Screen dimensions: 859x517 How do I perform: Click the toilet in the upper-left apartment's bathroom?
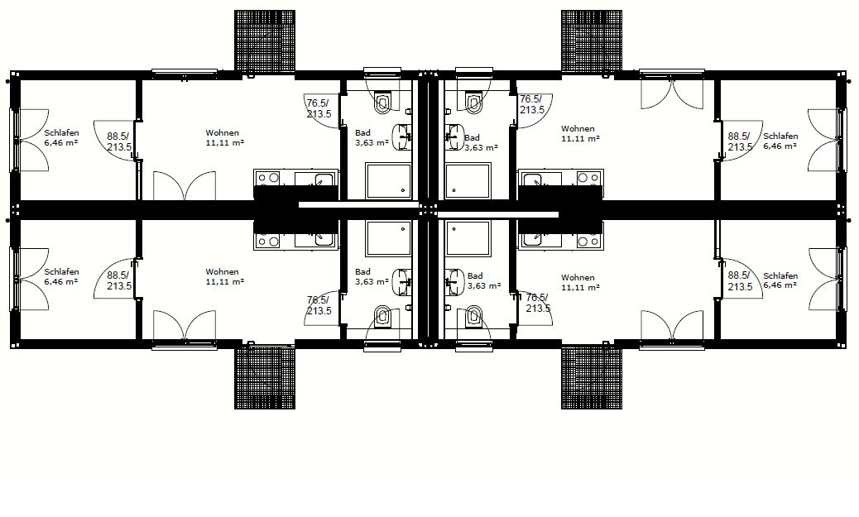pos(383,103)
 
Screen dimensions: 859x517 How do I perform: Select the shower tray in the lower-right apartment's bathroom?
pos(468,240)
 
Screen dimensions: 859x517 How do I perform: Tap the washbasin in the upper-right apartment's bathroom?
pos(454,136)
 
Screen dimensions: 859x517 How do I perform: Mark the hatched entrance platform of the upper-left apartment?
pos(265,41)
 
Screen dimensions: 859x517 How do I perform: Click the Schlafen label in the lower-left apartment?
pos(61,271)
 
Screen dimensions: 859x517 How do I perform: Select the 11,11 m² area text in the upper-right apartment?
pos(580,139)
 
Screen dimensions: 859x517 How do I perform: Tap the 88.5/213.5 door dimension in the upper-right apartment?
pos(740,141)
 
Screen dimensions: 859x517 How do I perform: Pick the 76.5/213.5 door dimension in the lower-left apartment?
pos(319,305)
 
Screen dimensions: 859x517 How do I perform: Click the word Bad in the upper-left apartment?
pos(362,132)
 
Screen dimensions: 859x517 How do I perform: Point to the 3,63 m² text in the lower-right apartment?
pos(484,286)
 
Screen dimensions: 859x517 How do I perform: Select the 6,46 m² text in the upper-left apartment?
pos(60,143)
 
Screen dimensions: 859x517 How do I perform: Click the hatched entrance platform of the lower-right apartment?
pos(592,378)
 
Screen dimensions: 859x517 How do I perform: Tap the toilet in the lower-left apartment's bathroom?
pos(383,316)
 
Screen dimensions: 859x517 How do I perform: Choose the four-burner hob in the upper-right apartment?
pos(589,178)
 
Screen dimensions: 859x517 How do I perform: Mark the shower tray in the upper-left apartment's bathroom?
pos(388,180)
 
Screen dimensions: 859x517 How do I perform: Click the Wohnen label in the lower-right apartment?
pos(578,278)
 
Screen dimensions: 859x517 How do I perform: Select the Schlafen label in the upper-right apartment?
pos(780,136)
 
